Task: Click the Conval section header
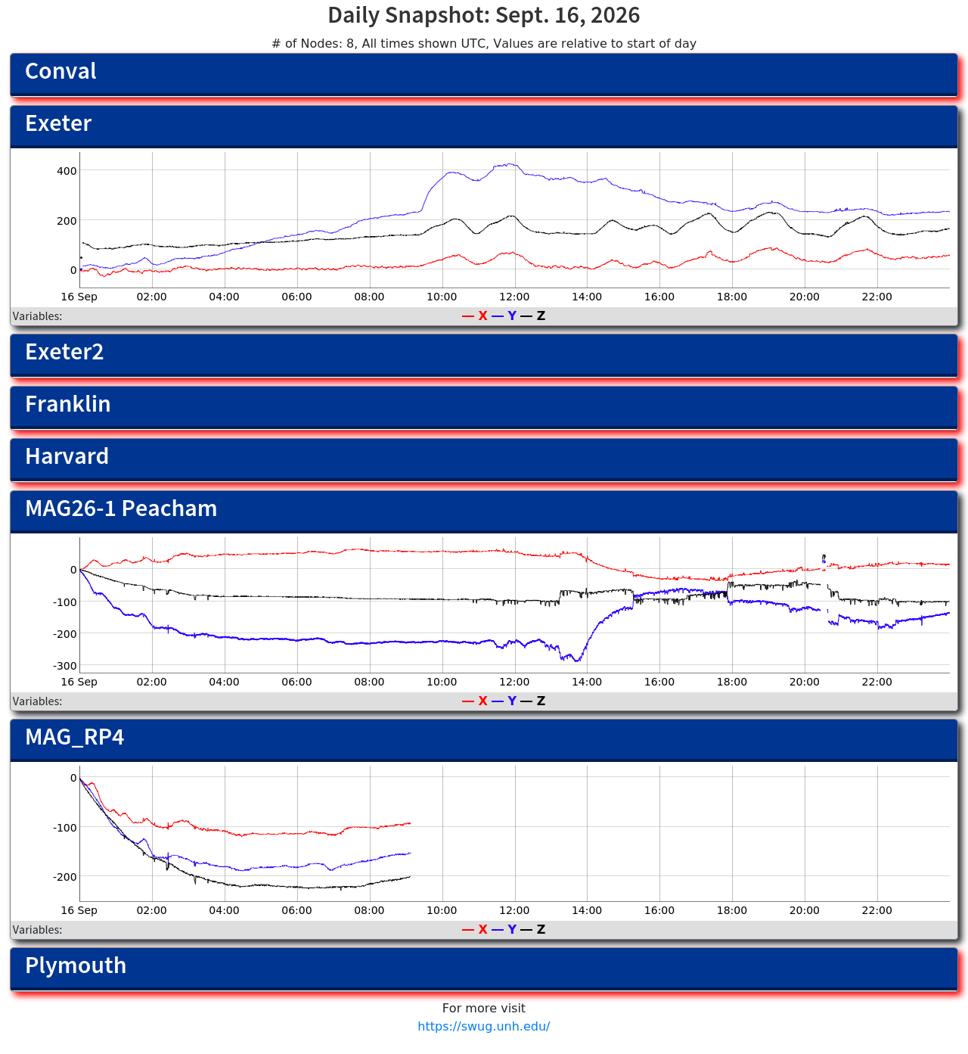tap(483, 74)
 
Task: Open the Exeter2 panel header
tap(483, 355)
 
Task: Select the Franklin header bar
tap(483, 406)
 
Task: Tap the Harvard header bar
tap(483, 459)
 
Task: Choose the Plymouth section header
tap(483, 968)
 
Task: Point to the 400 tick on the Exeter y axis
tap(67, 171)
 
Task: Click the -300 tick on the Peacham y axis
tap(64, 665)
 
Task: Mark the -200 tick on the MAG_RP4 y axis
tap(64, 876)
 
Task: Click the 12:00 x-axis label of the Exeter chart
tap(513, 297)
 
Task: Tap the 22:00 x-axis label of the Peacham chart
tap(876, 682)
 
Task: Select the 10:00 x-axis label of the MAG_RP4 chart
tap(441, 909)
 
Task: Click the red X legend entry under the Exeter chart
tap(475, 316)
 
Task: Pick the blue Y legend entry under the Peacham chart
tap(504, 701)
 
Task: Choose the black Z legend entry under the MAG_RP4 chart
tap(532, 928)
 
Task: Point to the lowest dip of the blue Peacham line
tap(577, 661)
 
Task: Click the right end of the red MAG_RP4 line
tap(410, 822)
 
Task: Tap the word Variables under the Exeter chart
tap(37, 316)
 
